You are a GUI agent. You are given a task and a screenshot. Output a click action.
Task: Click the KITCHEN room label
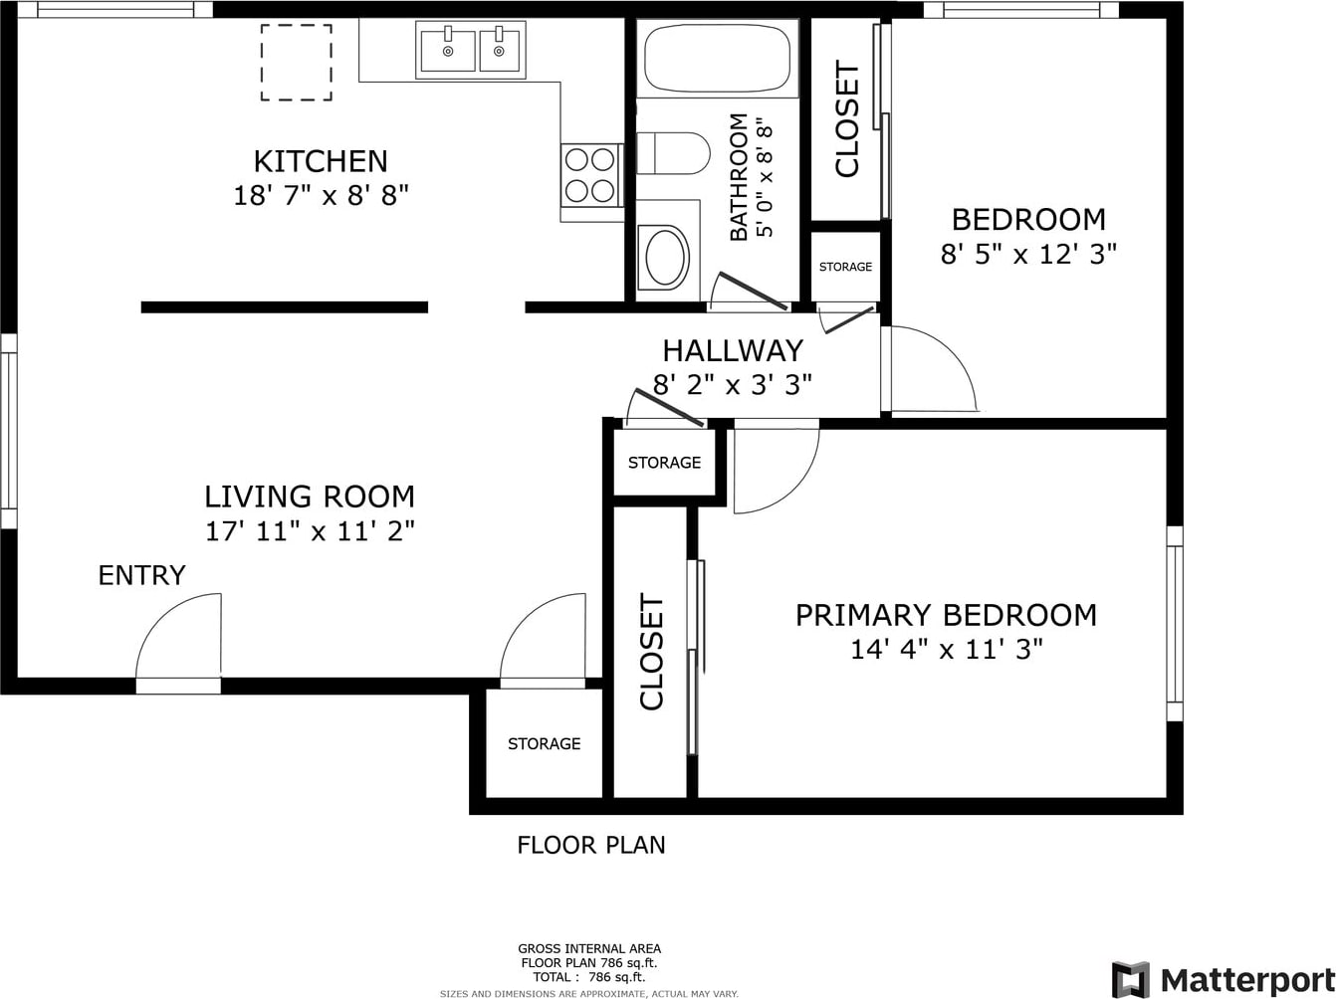click(321, 161)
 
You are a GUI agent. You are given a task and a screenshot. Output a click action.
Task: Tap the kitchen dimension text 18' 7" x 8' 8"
click(321, 196)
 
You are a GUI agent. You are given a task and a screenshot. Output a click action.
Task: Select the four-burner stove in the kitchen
click(591, 176)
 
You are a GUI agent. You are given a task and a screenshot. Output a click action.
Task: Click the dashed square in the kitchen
click(297, 62)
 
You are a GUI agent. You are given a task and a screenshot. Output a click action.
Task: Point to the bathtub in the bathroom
click(717, 59)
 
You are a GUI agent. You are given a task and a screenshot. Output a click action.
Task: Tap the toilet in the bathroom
click(673, 152)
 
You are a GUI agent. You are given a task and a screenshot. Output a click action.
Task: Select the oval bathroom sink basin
click(665, 258)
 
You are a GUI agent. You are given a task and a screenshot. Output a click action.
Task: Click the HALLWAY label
click(733, 350)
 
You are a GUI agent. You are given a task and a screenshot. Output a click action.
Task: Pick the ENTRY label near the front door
click(141, 575)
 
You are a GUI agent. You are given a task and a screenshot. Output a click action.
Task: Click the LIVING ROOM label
click(310, 497)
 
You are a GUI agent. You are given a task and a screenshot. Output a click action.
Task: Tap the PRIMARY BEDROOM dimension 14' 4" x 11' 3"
click(946, 649)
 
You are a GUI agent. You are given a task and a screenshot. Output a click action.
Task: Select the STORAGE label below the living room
click(545, 743)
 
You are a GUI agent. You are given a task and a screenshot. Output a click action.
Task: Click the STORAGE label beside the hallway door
click(665, 463)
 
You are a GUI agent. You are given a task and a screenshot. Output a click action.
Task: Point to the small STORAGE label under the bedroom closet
click(845, 267)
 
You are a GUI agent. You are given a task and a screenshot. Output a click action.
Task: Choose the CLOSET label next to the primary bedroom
click(651, 652)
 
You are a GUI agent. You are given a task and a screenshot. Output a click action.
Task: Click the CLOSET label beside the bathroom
click(846, 118)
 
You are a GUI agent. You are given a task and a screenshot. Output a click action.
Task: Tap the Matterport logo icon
click(1130, 978)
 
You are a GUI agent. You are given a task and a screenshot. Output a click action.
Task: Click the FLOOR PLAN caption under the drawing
click(591, 845)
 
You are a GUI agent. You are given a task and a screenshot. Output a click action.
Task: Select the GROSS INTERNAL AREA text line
click(589, 948)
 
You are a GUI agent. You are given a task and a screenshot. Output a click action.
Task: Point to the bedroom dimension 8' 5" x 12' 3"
click(1028, 254)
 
